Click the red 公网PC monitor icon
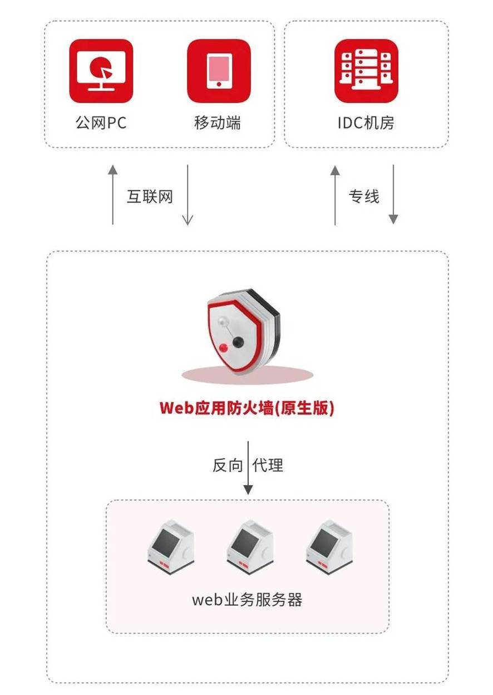tap(101, 71)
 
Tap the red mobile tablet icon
tap(219, 71)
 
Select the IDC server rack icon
tap(366, 71)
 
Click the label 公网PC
tap(101, 123)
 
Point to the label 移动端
tap(218, 123)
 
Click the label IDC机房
tap(366, 123)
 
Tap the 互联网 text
tap(150, 197)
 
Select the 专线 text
tap(364, 197)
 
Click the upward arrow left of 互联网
tap(113, 194)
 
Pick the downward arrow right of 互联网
tap(188, 194)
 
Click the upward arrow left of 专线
tap(335, 195)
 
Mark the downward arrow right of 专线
tap(393, 194)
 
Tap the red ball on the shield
tap(223, 348)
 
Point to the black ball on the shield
tap(238, 341)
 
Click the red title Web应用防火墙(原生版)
tap(247, 408)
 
